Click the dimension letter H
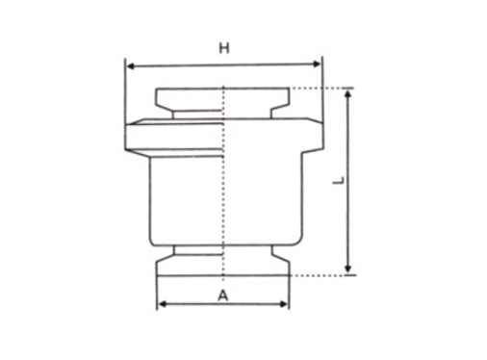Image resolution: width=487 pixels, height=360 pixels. coord(224,48)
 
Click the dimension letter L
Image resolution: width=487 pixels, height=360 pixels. coord(338,180)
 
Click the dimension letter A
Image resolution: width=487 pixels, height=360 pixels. coord(223,296)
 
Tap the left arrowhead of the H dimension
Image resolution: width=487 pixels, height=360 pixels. coord(131,66)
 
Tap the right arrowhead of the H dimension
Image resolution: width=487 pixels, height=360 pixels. coord(316,64)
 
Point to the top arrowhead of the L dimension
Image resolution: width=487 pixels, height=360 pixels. coord(348,93)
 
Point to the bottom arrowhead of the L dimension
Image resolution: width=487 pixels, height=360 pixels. coord(348,269)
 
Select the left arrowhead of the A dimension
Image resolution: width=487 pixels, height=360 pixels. coord(163,304)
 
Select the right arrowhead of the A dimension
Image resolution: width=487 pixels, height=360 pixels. coord(284,304)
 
